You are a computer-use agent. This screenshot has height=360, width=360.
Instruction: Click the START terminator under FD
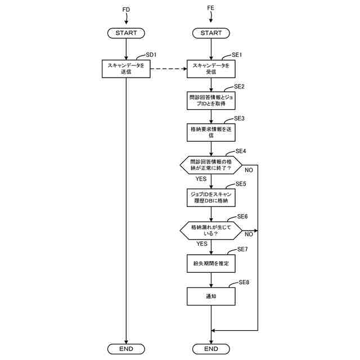point(126,33)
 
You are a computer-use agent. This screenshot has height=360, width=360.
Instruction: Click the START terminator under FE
point(211,33)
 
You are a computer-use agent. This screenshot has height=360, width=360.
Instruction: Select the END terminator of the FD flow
point(126,349)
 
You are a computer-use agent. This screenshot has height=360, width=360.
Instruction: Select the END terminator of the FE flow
point(211,349)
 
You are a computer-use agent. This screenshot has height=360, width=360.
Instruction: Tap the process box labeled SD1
point(126,69)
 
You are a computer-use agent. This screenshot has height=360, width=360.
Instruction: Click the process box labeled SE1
point(211,69)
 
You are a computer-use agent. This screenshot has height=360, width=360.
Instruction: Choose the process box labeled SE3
point(211,132)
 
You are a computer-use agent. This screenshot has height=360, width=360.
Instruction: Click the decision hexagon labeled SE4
point(211,164)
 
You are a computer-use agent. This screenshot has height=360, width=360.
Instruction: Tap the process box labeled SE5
point(211,196)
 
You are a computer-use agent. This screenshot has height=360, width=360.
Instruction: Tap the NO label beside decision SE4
point(248,169)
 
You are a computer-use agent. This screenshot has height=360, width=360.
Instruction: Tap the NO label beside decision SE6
point(248,235)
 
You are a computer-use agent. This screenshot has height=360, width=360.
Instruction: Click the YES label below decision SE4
point(201,179)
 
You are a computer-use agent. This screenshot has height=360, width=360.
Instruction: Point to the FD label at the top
point(126,10)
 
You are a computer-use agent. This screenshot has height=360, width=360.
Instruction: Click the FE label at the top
point(211,10)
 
